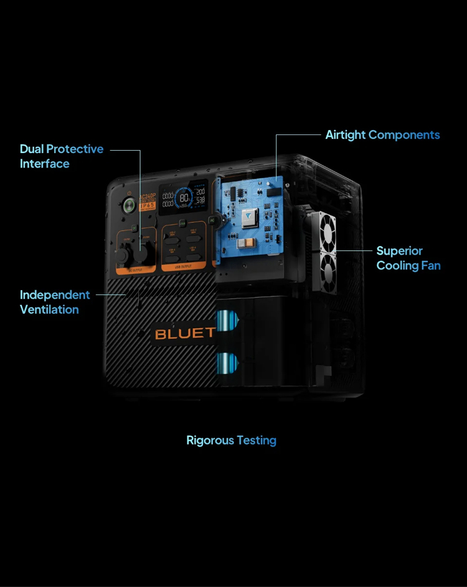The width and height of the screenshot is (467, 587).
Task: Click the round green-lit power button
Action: tap(130, 205)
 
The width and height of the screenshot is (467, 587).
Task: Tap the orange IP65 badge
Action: tap(147, 205)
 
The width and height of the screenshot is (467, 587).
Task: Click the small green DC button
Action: tap(134, 228)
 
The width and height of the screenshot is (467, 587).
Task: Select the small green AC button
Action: tap(212, 220)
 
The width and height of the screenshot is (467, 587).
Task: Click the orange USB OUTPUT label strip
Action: tap(184, 266)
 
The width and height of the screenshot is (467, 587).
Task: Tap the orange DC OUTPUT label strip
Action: tap(135, 270)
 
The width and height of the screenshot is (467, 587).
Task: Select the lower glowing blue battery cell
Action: tap(225, 361)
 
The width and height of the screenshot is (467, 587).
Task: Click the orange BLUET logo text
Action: tap(184, 333)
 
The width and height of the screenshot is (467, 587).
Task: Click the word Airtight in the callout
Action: tap(346, 134)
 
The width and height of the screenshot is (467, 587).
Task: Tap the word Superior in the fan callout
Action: tap(399, 251)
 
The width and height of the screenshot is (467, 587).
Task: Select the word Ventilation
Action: tap(49, 309)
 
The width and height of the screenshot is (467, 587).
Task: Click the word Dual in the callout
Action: tap(32, 149)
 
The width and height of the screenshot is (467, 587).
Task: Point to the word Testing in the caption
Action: tap(257, 440)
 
